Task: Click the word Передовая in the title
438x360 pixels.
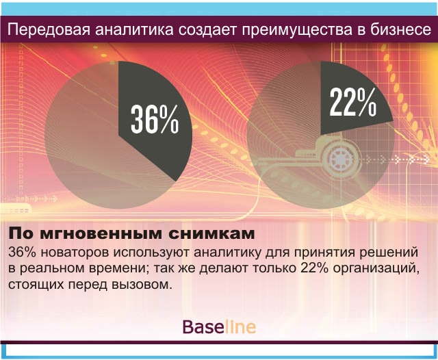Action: coord(49,29)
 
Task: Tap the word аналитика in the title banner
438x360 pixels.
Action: coord(134,30)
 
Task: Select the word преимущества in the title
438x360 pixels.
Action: coord(296,30)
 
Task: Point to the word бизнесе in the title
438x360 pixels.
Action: coord(401,29)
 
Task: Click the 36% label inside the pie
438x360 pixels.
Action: coord(155,119)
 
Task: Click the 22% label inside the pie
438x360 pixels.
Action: coord(353,102)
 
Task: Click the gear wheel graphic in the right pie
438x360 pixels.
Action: coord(340,159)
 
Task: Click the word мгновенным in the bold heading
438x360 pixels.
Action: coord(101,234)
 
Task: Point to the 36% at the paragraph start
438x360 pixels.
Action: coord(23,252)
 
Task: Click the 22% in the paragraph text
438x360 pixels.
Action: coord(315,268)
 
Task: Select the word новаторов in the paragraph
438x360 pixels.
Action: coord(75,253)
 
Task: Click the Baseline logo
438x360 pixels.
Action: coord(219,326)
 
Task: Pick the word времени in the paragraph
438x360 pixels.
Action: coord(118,269)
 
